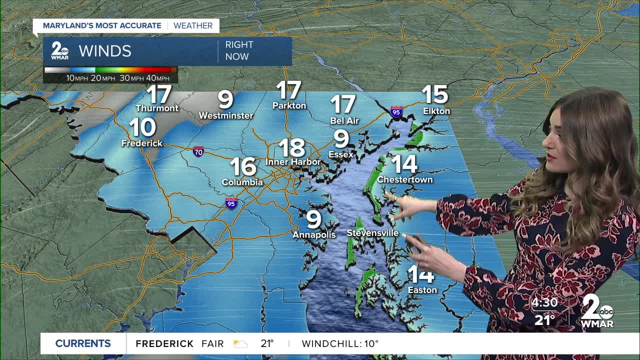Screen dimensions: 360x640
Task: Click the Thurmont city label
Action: click(157, 108)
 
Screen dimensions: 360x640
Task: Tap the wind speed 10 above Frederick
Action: click(142, 128)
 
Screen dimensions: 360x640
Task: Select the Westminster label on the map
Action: click(226, 115)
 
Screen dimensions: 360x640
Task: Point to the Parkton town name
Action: click(289, 105)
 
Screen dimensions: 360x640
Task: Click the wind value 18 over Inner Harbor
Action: click(292, 148)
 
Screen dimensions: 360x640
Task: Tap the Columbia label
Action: click(242, 182)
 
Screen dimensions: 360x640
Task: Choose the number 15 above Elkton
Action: click(434, 94)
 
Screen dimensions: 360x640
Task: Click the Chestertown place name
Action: click(405, 179)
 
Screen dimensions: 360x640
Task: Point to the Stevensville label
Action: click(372, 233)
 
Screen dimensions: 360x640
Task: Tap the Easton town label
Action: click(422, 290)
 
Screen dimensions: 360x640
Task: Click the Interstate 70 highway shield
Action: click(198, 151)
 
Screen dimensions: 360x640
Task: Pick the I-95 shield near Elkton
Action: click(396, 111)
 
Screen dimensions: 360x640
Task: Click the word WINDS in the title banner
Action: click(105, 51)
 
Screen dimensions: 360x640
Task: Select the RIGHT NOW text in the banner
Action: click(239, 50)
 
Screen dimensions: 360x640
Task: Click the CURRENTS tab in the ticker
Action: click(83, 343)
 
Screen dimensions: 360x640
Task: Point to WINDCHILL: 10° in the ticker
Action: click(340, 344)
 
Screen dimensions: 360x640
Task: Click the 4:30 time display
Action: click(544, 303)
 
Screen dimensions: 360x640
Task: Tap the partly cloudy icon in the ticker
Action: click(240, 344)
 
